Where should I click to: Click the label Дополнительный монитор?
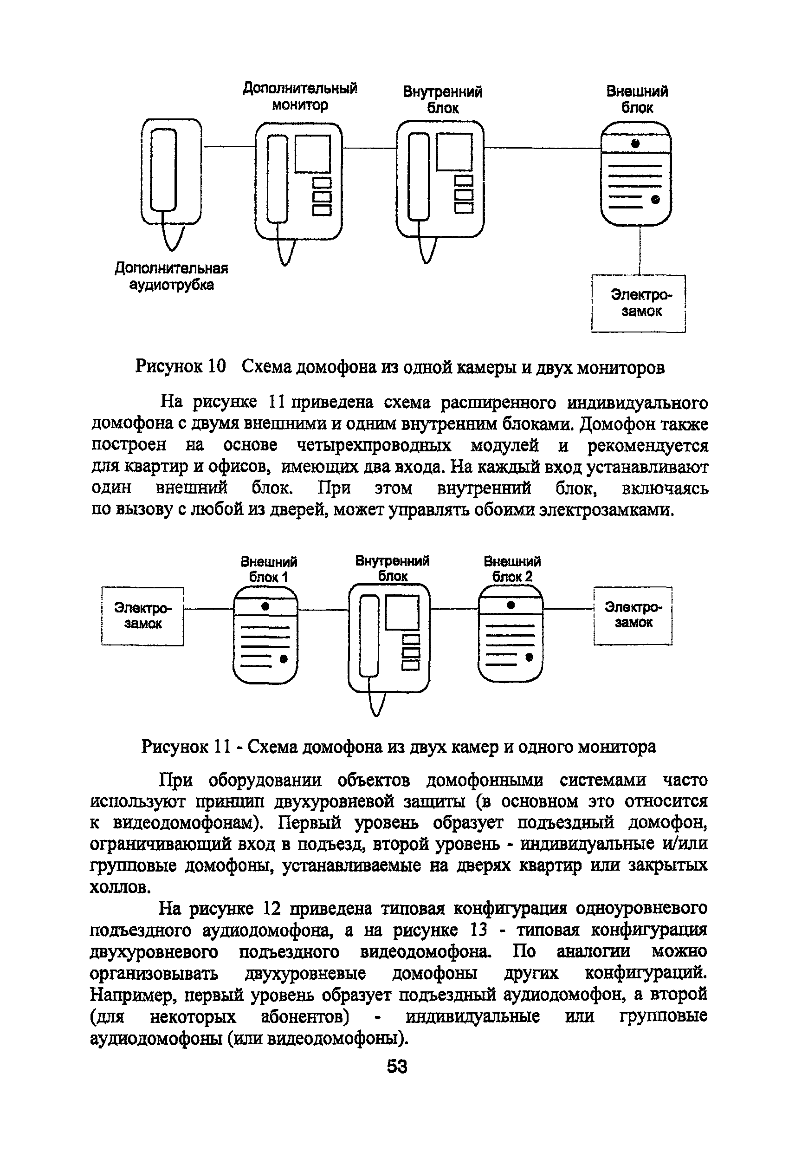[x=300, y=97]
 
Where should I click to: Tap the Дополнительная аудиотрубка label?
[x=171, y=277]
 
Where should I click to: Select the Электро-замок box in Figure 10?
[x=639, y=304]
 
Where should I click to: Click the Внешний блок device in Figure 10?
[x=636, y=175]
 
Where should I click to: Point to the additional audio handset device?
[x=171, y=172]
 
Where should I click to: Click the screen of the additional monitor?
[x=313, y=154]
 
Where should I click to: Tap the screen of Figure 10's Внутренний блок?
[x=454, y=151]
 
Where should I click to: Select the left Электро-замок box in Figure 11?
[x=142, y=616]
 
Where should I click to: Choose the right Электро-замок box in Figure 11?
[x=633, y=615]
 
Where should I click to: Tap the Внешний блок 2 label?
[x=512, y=569]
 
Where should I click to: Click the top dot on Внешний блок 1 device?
[x=265, y=606]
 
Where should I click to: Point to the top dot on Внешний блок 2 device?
[x=510, y=605]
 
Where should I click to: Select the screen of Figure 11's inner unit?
[x=402, y=612]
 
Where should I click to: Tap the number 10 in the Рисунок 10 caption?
[x=217, y=367]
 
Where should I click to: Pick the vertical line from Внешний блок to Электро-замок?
[x=640, y=250]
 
